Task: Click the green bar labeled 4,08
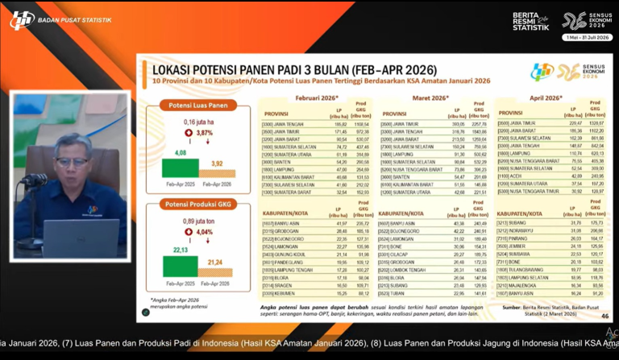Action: [181, 167]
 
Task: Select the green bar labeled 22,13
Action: [181, 266]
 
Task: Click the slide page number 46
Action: [605, 317]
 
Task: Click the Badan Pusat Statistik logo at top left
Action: [22, 19]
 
